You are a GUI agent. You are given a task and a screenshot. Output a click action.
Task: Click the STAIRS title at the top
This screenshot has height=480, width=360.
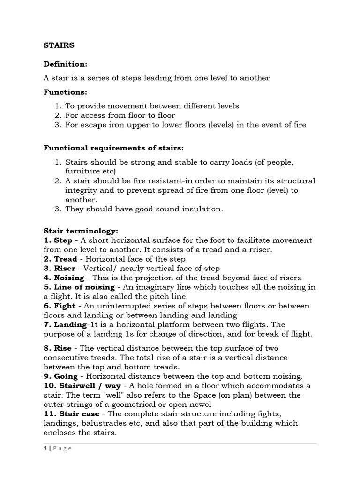(59, 45)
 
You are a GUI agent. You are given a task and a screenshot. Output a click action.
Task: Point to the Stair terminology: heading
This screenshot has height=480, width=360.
(81, 231)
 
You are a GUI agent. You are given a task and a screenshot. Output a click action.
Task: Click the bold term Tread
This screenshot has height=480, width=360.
(65, 259)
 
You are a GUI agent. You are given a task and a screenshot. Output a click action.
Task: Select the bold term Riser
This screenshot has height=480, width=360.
(65, 268)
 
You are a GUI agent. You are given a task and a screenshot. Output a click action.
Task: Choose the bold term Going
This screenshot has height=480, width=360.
(66, 376)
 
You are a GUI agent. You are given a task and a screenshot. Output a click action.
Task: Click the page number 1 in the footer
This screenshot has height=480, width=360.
(45, 448)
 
